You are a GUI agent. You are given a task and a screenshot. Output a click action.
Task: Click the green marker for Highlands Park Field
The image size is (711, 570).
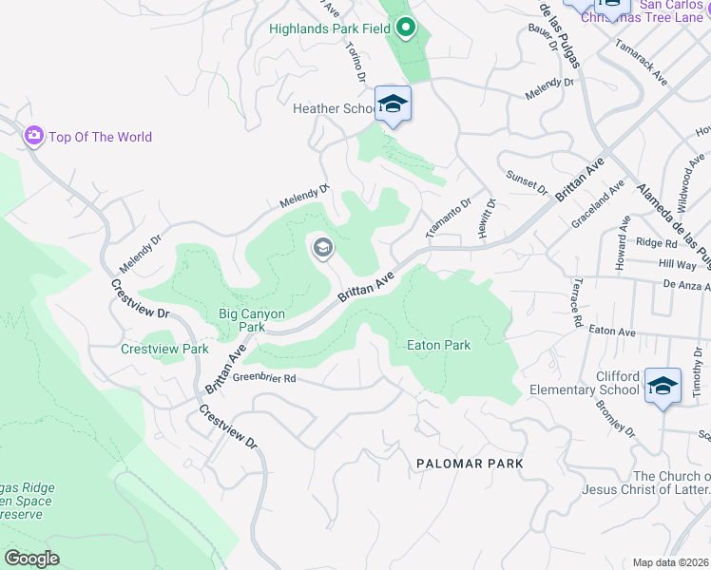pos(406,28)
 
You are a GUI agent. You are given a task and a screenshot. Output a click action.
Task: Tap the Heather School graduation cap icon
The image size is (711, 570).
pos(393,104)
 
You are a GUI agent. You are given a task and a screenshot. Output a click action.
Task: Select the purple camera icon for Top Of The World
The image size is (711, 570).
pos(34,137)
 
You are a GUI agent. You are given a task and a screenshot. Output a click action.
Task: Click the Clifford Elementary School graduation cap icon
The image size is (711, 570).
pos(663,386)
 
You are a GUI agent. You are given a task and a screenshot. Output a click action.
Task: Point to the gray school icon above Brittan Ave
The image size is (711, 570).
pos(322,249)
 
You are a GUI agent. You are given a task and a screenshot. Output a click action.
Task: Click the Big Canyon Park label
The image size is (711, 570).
pos(241,319)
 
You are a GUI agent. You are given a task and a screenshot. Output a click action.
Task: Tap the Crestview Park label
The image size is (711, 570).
pos(164,349)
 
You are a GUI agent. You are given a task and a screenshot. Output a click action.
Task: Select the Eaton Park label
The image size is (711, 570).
pos(438,346)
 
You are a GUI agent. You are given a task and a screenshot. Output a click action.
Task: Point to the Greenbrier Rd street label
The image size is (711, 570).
pos(265,377)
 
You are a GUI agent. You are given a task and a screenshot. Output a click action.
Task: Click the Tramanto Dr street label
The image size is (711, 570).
pos(449,219)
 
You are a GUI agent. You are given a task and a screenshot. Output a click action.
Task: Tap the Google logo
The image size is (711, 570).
pos(31,558)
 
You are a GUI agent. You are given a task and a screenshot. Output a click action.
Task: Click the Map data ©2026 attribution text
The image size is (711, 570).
pos(670,562)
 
